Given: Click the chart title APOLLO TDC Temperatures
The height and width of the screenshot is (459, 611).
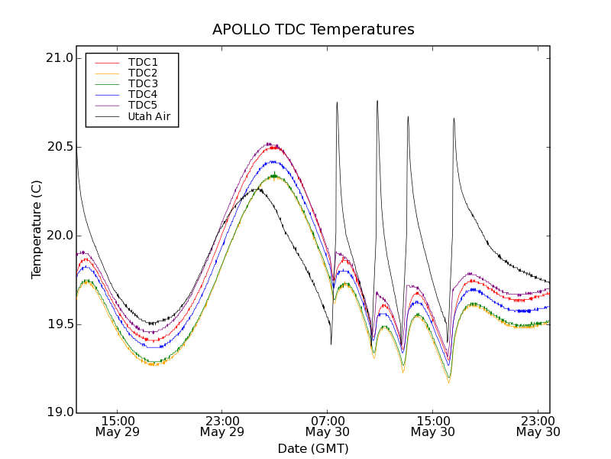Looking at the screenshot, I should point(313,30).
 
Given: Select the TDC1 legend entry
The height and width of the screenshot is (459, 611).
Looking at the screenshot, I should point(143,62).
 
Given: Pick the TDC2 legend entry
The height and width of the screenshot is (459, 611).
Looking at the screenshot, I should point(143,73).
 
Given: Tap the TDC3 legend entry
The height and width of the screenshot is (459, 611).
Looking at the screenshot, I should point(143,83).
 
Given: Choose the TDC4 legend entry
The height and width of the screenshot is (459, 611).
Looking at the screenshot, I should point(143,94).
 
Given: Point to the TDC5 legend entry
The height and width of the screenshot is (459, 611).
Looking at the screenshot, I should point(143,105).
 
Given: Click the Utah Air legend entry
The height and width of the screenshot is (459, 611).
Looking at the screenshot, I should point(149,116).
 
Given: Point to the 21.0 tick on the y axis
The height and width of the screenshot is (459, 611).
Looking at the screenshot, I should point(59,58).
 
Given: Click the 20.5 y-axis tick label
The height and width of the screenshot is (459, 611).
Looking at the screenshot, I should point(59,147).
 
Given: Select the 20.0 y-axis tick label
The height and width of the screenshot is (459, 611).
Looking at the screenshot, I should point(59,236).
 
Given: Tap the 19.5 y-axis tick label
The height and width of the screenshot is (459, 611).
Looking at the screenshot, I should point(59,324).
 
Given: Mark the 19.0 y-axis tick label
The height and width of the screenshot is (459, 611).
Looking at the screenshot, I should point(59,413).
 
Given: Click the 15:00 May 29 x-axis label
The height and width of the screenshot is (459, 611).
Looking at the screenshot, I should point(118,426).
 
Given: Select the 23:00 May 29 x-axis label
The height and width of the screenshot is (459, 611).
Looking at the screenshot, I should point(222,426).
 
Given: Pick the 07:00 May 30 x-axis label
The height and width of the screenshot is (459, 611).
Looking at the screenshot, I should point(328,426).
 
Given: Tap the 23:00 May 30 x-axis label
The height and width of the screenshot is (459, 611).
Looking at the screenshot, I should point(538,426).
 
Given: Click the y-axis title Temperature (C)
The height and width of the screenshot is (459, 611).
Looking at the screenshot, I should point(36,229).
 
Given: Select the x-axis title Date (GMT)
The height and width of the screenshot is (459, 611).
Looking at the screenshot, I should point(313,448).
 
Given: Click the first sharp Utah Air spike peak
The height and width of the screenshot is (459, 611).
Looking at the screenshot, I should point(337,103).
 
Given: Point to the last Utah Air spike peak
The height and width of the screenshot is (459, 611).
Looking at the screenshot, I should point(454,119).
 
